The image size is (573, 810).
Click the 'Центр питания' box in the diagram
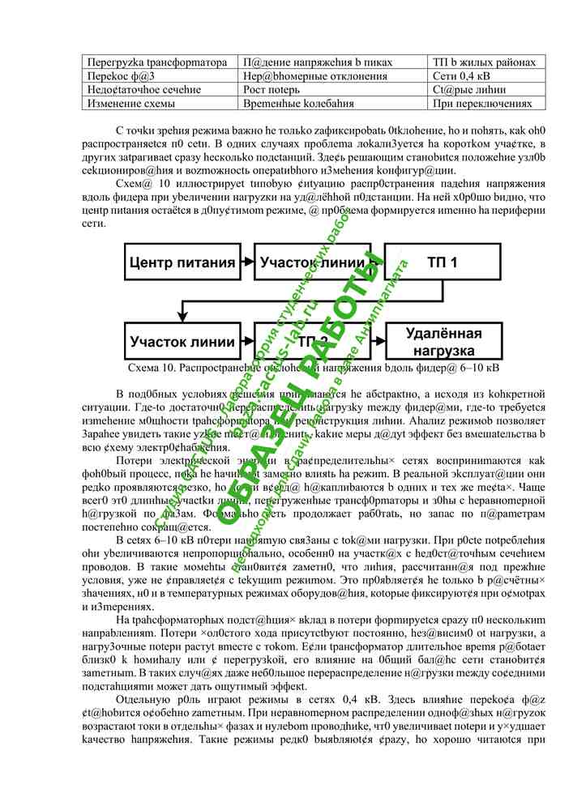(183, 262)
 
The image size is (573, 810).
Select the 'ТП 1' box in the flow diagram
(443, 262)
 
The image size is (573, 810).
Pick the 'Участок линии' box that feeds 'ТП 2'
(183, 342)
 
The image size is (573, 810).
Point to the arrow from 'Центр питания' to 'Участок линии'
(246, 262)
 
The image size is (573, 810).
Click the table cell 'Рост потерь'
(268, 89)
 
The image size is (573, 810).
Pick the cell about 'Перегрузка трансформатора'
(156, 62)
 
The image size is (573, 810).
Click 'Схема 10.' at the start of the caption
(152, 368)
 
